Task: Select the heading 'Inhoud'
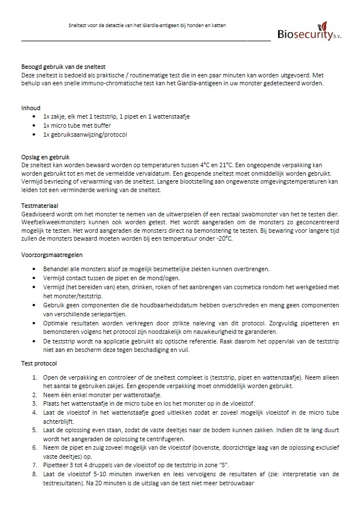[31, 107]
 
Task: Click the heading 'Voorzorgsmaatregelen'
[51, 255]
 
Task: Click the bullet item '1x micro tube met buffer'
[77, 125]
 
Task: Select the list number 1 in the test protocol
[37, 377]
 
